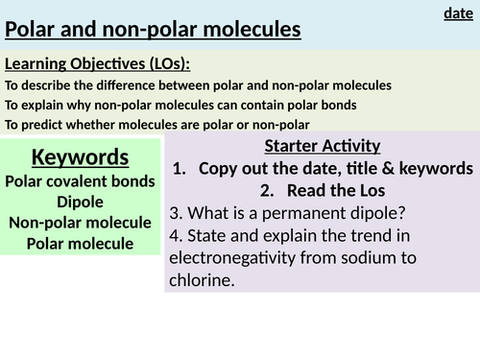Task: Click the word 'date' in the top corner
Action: [x=458, y=12]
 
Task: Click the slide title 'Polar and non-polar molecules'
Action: [x=154, y=30]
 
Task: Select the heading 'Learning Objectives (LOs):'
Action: [x=98, y=63]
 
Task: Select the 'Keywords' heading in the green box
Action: [x=81, y=156]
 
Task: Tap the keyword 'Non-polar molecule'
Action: [x=81, y=222]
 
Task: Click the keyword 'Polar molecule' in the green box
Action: [x=81, y=243]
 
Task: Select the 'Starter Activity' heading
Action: [x=322, y=146]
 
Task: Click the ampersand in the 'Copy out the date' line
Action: [x=381, y=168]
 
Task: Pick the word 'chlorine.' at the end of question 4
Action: [x=200, y=280]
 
